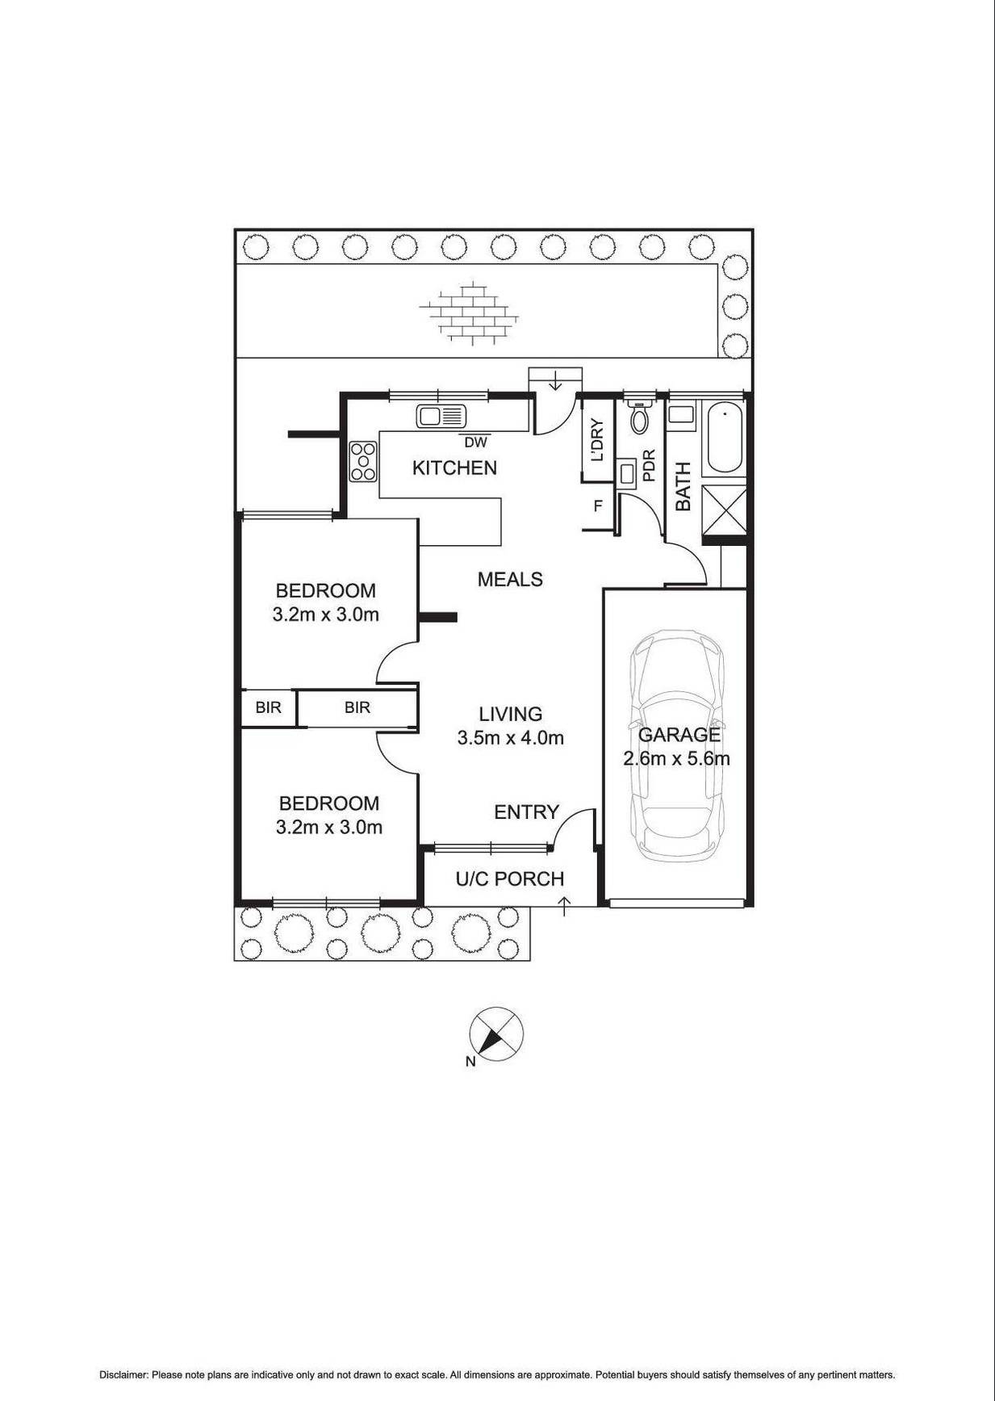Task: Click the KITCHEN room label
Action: pos(454,468)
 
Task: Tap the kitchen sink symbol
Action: pos(441,417)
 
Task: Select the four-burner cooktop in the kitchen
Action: pos(363,462)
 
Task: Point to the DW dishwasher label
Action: pos(476,443)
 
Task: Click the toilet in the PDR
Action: pos(640,418)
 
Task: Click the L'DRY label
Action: pos(597,440)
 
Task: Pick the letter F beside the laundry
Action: pos(598,506)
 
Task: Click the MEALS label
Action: pos(510,579)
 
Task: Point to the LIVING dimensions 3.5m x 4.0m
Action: pos(510,737)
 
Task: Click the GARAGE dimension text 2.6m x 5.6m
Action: pos(676,759)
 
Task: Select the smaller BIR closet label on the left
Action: pos(268,707)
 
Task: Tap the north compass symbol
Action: pos(496,1034)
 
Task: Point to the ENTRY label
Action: pos(526,812)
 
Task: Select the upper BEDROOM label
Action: pos(325,590)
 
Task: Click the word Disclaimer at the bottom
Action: pos(123,1374)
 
